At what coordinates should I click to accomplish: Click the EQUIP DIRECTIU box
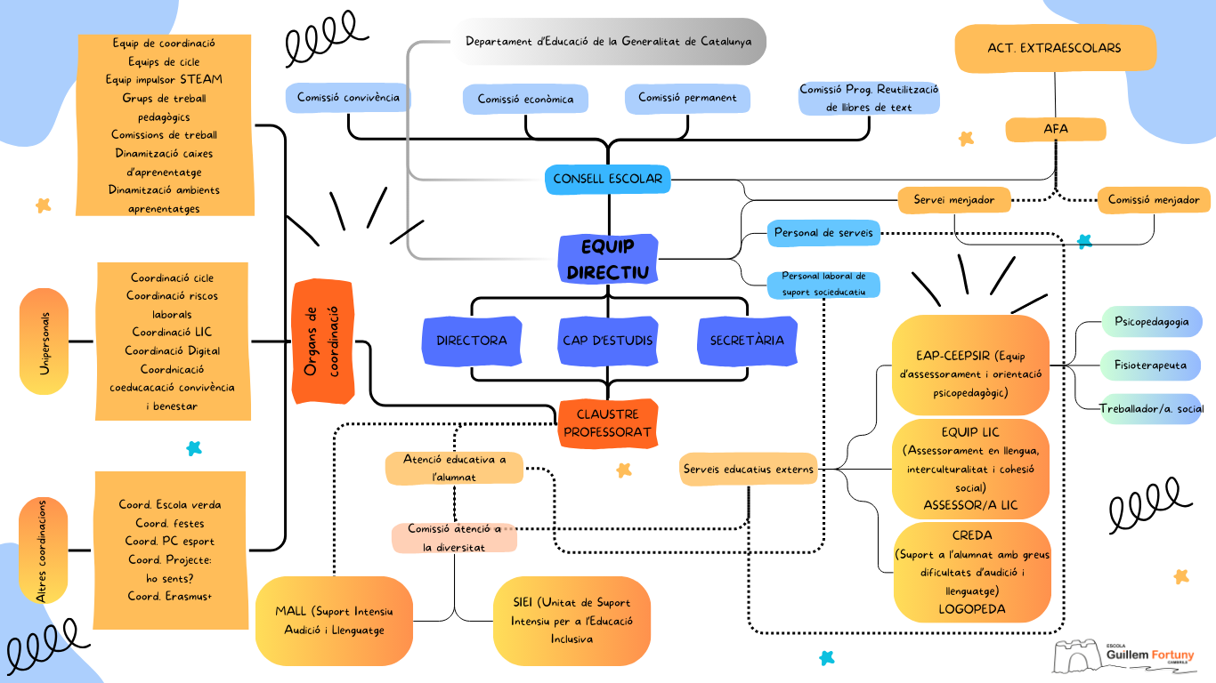pyautogui.click(x=608, y=259)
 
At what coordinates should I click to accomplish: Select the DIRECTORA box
pyautogui.click(x=472, y=341)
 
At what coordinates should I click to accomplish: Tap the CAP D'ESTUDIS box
pyautogui.click(x=608, y=341)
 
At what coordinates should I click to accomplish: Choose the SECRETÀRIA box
pyautogui.click(x=747, y=341)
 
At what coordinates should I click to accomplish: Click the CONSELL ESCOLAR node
pyautogui.click(x=608, y=179)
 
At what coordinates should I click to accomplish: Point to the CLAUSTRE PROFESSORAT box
pyautogui.click(x=608, y=423)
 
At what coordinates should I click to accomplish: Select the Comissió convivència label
pyautogui.click(x=348, y=98)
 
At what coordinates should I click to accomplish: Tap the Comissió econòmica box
pyautogui.click(x=525, y=100)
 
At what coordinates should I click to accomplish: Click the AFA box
pyautogui.click(x=1056, y=130)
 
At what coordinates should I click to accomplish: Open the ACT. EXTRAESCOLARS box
pyautogui.click(x=1055, y=48)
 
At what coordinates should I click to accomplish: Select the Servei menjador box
pyautogui.click(x=954, y=200)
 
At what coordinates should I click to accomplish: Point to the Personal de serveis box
pyautogui.click(x=823, y=233)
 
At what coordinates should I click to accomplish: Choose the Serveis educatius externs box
pyautogui.click(x=749, y=469)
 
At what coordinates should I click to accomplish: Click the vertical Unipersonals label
pyautogui.click(x=44, y=341)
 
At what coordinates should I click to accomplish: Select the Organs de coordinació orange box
pyautogui.click(x=322, y=341)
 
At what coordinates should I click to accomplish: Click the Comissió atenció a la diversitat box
pyautogui.click(x=454, y=538)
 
